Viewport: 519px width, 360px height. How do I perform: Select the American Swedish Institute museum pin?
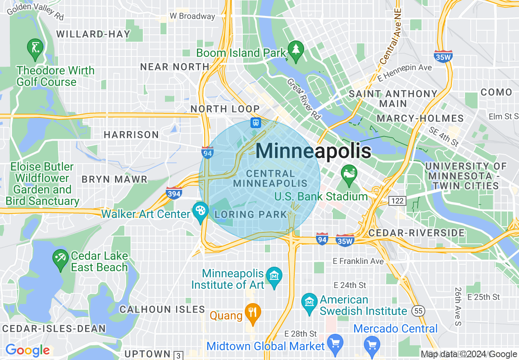click(309, 302)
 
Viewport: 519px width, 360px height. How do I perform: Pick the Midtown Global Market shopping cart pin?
click(335, 343)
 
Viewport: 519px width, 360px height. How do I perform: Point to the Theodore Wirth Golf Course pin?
click(35, 48)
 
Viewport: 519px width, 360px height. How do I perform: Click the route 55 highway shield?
click(418, 311)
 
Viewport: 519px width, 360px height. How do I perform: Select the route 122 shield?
click(397, 200)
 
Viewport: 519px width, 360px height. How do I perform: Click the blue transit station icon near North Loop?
click(256, 122)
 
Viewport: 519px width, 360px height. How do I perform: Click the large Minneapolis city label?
click(314, 151)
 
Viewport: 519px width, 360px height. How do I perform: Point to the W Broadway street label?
click(192, 16)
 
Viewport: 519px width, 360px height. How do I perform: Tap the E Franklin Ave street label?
click(358, 261)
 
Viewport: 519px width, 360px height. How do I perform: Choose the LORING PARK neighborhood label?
click(250, 214)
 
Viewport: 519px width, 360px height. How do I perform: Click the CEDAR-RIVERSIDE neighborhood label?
click(417, 233)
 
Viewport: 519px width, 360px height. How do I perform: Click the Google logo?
click(27, 350)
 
